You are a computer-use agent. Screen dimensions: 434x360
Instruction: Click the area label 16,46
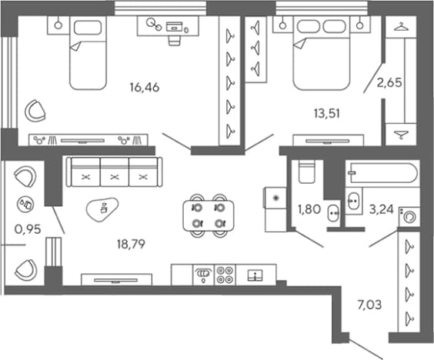pos(145,88)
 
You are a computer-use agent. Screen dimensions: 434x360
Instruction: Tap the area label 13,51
pos(327,113)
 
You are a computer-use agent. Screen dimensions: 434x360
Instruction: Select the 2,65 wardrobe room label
pos(389,83)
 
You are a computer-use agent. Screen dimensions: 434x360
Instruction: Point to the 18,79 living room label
pos(131,245)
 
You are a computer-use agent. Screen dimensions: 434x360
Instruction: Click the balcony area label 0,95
pos(28,229)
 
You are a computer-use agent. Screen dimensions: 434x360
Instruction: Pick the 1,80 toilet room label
pos(309,209)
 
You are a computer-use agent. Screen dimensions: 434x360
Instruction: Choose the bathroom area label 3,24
pos(382,210)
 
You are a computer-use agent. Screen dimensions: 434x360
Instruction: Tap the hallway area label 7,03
pos(369,305)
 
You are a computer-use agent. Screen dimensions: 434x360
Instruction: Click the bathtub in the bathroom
pos(383,173)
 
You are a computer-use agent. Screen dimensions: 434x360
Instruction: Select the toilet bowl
pos(307,172)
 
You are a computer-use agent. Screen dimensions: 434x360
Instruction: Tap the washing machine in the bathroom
pos(409,216)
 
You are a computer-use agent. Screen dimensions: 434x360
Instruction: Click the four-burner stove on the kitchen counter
pos(225,275)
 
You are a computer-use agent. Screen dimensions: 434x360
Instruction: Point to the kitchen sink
pos(255,275)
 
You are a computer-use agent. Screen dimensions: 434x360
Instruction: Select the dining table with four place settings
pos(209,215)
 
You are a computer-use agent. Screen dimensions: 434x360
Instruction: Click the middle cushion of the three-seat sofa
pos(115,172)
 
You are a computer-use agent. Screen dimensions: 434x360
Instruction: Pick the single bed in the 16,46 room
pos(88,52)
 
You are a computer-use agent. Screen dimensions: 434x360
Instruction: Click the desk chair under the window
pos(174,41)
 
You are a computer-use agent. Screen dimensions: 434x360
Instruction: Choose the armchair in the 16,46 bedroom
pos(35,111)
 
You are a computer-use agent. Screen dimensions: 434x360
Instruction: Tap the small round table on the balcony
pos(25,205)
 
